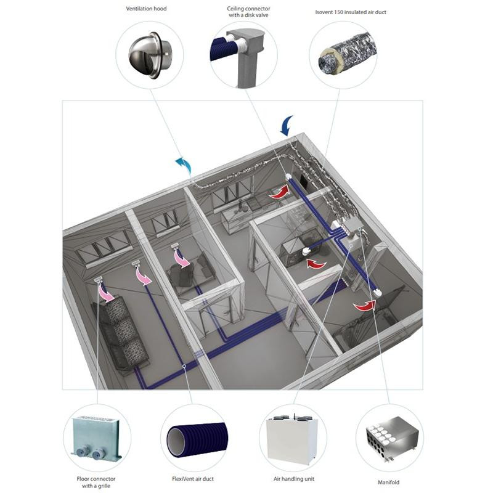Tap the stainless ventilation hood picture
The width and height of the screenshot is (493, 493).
tap(148, 55)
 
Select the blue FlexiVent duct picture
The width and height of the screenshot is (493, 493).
tap(193, 438)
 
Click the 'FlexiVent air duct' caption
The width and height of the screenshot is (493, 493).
tap(193, 478)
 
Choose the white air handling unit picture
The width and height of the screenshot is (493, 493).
tap(292, 437)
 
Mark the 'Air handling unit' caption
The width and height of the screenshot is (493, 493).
tap(292, 478)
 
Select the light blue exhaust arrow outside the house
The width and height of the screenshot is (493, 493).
tap(183, 165)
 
